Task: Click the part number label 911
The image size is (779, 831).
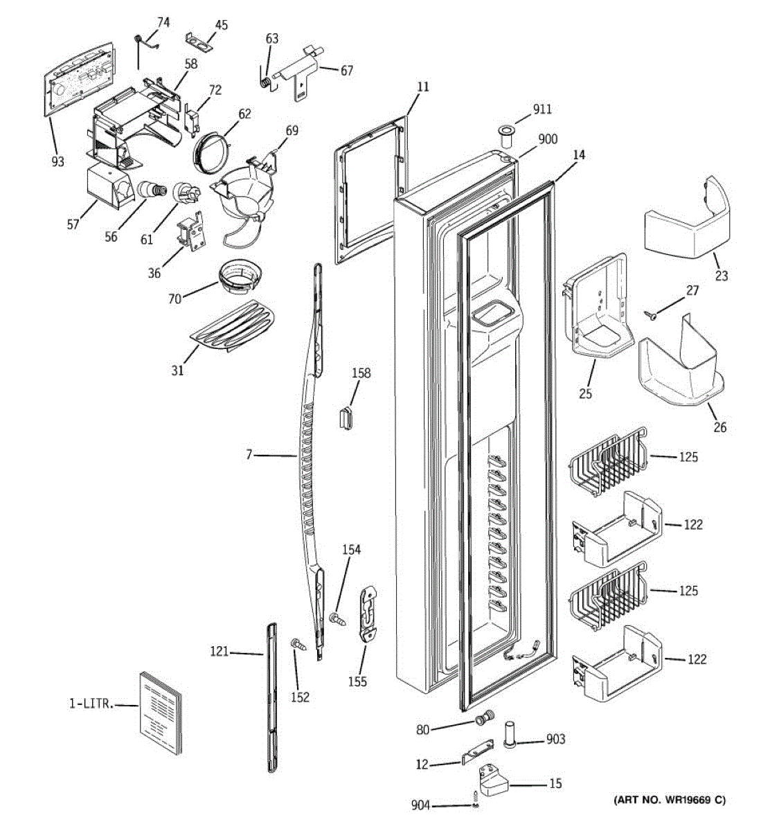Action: click(542, 109)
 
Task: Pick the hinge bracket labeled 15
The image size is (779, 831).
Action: click(493, 778)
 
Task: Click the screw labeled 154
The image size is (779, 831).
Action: click(338, 619)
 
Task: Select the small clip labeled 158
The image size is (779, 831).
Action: click(346, 416)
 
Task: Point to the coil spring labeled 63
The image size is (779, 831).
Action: click(265, 82)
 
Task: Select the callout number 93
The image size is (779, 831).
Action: click(57, 161)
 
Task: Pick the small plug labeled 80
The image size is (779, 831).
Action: click(484, 718)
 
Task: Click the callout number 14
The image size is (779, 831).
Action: click(579, 155)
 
